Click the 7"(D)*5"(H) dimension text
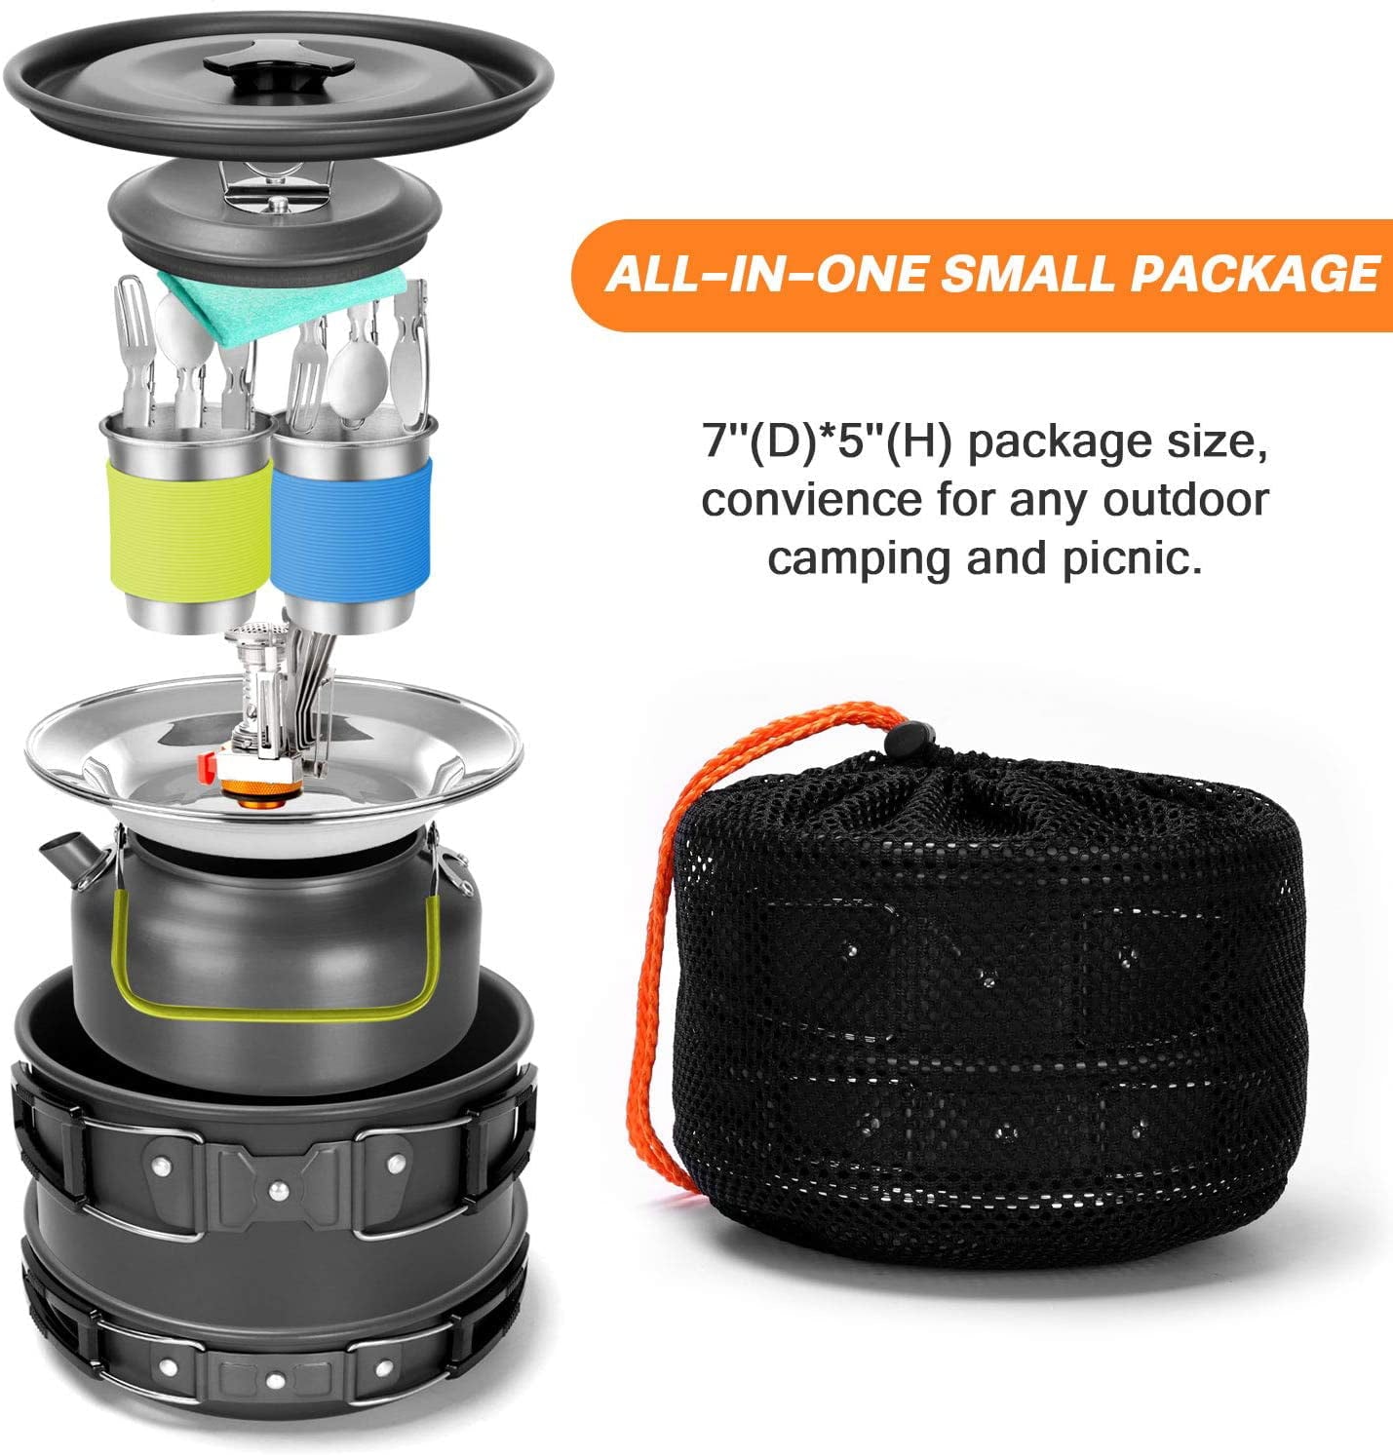[x=828, y=441]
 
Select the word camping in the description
[x=857, y=559]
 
